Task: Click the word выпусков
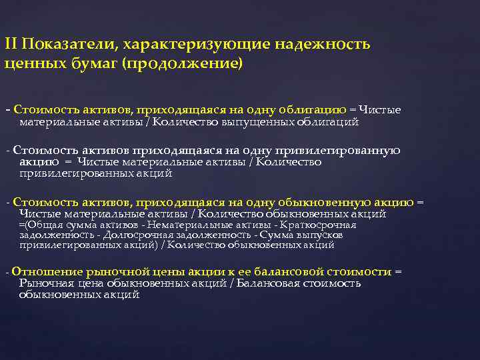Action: point(320,235)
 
